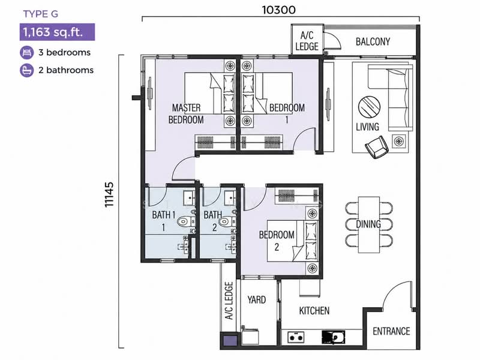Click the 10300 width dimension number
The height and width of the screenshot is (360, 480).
[x=278, y=10]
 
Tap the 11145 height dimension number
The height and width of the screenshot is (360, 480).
[x=109, y=194]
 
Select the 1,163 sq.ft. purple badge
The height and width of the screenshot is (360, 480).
[x=57, y=32]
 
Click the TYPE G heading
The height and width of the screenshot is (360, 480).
[x=40, y=14]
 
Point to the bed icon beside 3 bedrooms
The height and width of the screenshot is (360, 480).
[x=26, y=52]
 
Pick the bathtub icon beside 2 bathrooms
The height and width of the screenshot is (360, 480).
[x=26, y=70]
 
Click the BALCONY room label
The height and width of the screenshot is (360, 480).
[x=373, y=41]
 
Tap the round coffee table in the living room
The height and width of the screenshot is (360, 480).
[x=369, y=107]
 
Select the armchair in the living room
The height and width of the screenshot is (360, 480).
[x=377, y=147]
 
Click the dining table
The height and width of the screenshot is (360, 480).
[x=369, y=224]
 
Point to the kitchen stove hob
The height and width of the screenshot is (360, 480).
[x=296, y=337]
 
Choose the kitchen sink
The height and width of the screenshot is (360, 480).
[x=334, y=337]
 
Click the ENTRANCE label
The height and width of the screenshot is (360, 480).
[x=391, y=331]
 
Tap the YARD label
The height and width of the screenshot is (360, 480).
[x=257, y=299]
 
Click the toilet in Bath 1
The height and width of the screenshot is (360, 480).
[x=186, y=221]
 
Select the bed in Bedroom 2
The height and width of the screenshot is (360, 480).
[x=293, y=241]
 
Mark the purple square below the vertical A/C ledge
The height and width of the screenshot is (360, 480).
[x=230, y=341]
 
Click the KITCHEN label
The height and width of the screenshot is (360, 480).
[x=314, y=311]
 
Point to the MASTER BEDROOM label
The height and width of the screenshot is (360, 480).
[x=186, y=113]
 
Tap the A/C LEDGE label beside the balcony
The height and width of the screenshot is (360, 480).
[x=307, y=41]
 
